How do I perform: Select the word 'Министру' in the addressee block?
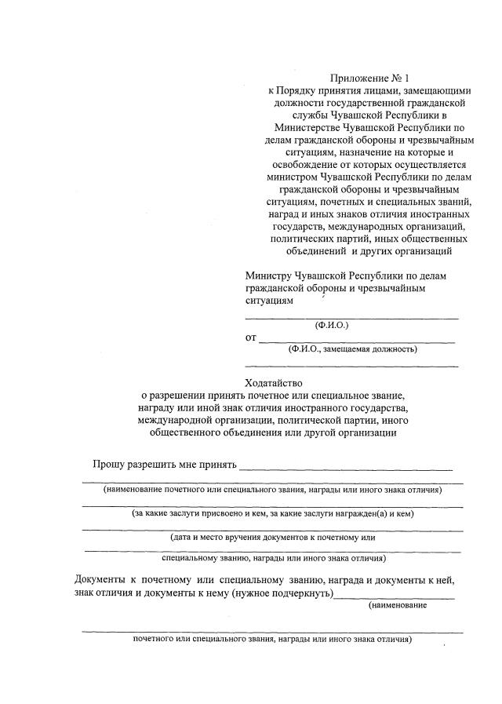[267, 276]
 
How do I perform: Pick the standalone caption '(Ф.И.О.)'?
[331, 325]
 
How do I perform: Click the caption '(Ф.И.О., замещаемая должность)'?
[352, 349]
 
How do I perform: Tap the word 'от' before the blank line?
[251, 338]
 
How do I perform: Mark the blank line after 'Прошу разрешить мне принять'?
[346, 469]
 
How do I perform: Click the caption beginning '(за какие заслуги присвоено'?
[272, 514]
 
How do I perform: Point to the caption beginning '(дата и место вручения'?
[273, 538]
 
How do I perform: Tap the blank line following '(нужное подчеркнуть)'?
[393, 597]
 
